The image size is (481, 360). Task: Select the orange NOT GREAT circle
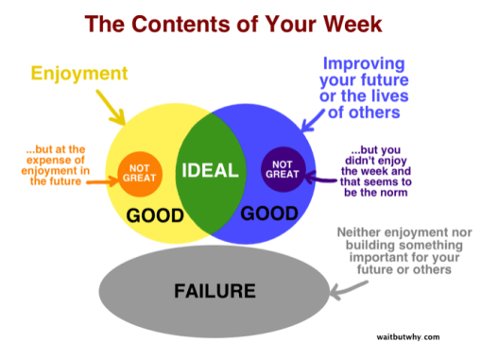pyautogui.click(x=135, y=174)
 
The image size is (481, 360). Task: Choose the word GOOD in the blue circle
pyautogui.click(x=267, y=214)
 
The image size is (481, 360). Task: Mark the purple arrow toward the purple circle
pyautogui.click(x=317, y=174)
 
